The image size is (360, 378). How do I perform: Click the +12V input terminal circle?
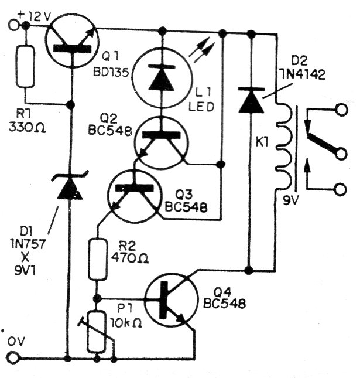(14, 26)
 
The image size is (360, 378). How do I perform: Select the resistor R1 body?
(25, 65)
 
